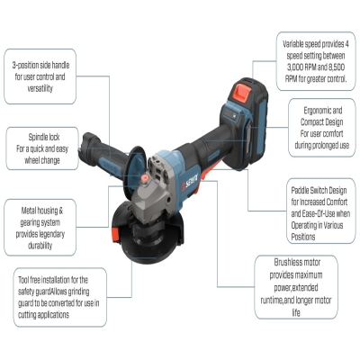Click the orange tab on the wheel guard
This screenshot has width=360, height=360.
pyautogui.click(x=116, y=233)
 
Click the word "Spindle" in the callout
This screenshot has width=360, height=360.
pyautogui.click(x=40, y=138)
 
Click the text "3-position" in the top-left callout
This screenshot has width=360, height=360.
pyautogui.click(x=25, y=66)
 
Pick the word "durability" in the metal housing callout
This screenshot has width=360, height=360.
pyautogui.click(x=40, y=246)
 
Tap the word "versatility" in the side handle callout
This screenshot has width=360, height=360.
pyautogui.click(x=40, y=89)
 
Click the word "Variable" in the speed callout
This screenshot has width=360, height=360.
pyautogui.click(x=292, y=44)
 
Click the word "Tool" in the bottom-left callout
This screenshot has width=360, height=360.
pyautogui.click(x=23, y=280)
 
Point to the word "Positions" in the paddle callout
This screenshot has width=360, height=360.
pyautogui.click(x=303, y=237)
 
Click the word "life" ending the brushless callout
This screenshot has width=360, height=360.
pyautogui.click(x=296, y=313)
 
